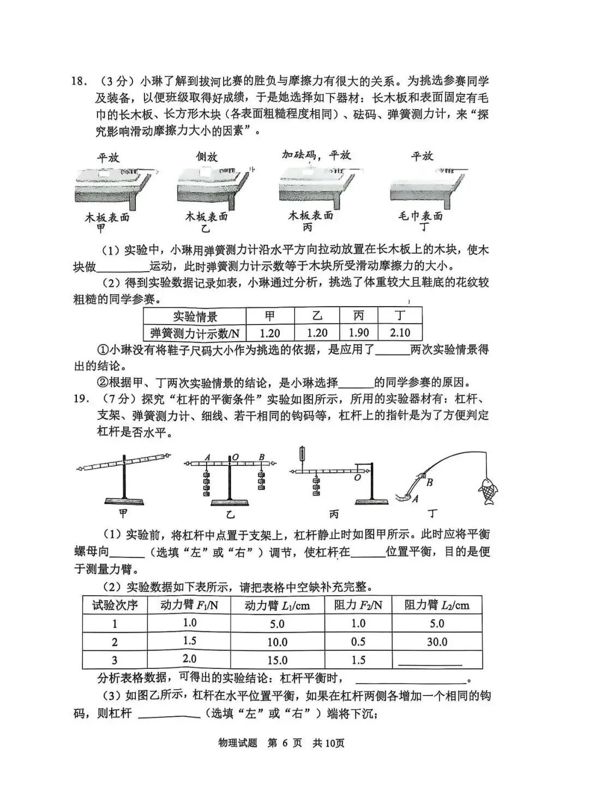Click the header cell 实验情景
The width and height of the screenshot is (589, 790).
click(195, 316)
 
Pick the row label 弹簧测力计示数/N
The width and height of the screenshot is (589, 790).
click(195, 332)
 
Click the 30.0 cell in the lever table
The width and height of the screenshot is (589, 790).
click(437, 642)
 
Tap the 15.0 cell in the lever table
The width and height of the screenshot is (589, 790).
click(277, 660)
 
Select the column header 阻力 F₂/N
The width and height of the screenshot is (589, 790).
click(358, 605)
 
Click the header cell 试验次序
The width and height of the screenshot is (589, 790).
click(115, 605)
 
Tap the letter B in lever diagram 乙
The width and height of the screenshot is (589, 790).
click(262, 457)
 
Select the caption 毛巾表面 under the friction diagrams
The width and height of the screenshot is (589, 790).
click(420, 216)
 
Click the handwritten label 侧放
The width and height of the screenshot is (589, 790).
click(207, 157)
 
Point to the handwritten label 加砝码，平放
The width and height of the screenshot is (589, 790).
click(316, 155)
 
